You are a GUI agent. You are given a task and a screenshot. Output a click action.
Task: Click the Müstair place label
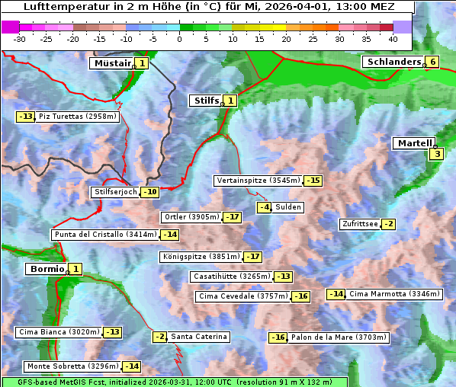pyautogui.click(x=111, y=63)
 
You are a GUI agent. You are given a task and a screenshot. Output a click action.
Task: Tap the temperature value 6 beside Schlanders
pyautogui.click(x=432, y=62)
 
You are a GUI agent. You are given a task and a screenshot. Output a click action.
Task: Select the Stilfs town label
pyautogui.click(x=204, y=100)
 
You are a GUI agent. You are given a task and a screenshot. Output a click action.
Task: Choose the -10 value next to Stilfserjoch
pyautogui.click(x=150, y=192)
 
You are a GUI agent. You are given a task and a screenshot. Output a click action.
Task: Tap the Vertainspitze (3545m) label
pyautogui.click(x=258, y=181)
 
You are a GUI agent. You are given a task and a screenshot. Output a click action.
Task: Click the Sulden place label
pyautogui.click(x=288, y=207)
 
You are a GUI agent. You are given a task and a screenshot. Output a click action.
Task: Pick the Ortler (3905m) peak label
pyautogui.click(x=191, y=217)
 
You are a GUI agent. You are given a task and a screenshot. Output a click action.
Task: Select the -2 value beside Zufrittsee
pyautogui.click(x=388, y=224)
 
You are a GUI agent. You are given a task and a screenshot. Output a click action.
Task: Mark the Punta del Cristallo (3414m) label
pyautogui.click(x=105, y=235)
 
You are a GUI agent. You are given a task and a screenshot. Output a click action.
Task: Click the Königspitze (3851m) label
pyautogui.click(x=201, y=257)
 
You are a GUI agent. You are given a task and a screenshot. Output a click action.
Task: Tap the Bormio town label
pyautogui.click(x=46, y=269)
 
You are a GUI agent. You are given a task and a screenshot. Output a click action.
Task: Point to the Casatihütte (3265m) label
pyautogui.click(x=230, y=276)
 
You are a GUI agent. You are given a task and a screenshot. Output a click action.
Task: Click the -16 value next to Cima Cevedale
pyautogui.click(x=300, y=296)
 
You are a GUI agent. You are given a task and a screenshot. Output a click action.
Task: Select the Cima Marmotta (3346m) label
pyautogui.click(x=394, y=294)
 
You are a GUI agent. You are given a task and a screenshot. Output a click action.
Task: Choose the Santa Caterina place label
pyautogui.click(x=198, y=337)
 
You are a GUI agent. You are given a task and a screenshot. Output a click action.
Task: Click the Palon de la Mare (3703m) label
pyautogui.click(x=339, y=337)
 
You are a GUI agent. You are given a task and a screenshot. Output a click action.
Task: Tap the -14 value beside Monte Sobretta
pyautogui.click(x=132, y=366)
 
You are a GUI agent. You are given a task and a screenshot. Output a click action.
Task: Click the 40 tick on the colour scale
pyautogui.click(x=393, y=39)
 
